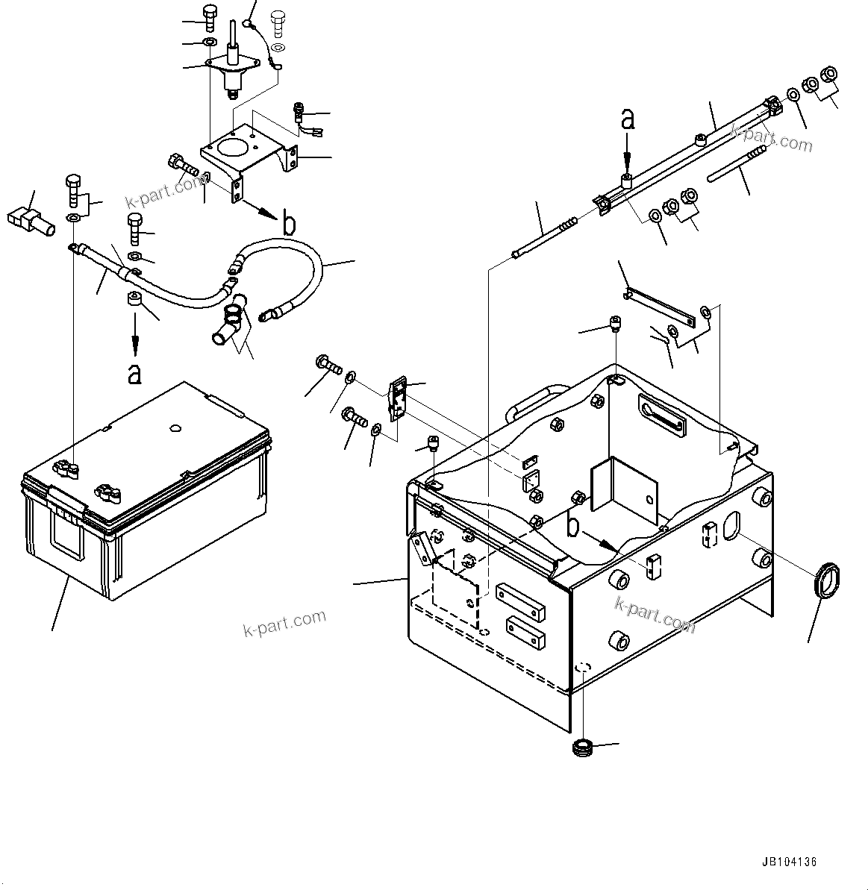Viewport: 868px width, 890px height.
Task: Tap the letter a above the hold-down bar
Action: [x=628, y=119]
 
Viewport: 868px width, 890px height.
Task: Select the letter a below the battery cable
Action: [x=134, y=373]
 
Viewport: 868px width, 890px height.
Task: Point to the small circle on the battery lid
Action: [x=175, y=428]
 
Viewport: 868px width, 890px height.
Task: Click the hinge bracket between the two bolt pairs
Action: [x=397, y=400]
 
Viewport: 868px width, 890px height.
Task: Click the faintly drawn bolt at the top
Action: [x=279, y=22]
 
